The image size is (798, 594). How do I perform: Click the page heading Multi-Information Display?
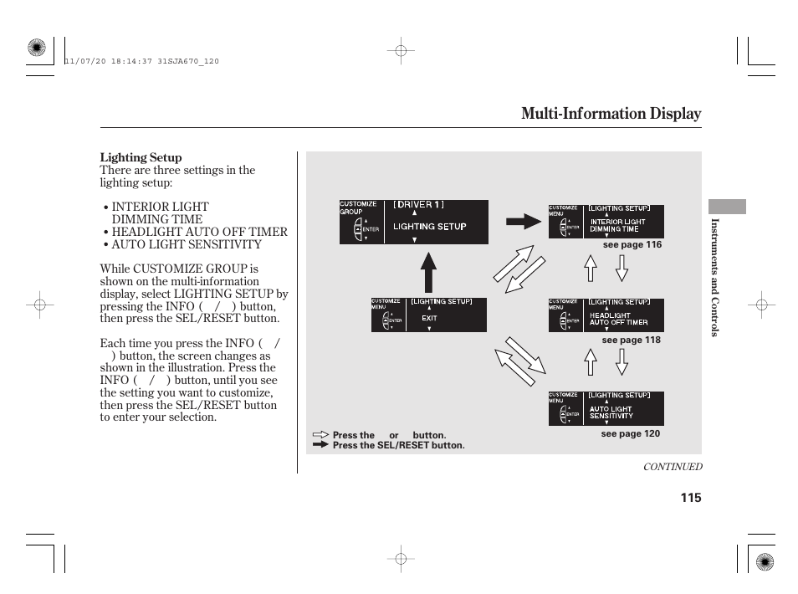(611, 114)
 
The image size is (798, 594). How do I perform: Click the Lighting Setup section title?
(141, 157)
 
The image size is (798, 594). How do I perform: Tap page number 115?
(690, 498)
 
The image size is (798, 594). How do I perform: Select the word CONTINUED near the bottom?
(672, 467)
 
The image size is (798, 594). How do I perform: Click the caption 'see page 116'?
(632, 245)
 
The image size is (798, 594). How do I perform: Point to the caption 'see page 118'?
(631, 340)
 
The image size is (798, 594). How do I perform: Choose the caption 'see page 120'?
(630, 433)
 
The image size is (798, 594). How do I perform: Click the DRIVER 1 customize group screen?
(413, 222)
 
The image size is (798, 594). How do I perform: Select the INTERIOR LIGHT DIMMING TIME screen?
(606, 222)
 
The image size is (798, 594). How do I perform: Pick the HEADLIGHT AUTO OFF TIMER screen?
(606, 315)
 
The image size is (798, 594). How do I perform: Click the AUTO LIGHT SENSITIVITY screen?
(606, 408)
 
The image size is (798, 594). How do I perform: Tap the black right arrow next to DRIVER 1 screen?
(524, 221)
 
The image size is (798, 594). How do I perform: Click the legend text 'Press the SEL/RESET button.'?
(398, 445)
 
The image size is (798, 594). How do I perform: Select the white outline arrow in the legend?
(321, 435)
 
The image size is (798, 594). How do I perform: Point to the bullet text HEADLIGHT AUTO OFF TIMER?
(199, 232)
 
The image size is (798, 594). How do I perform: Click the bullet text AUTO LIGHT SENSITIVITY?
(187, 244)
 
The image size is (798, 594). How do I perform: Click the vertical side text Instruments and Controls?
(715, 278)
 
